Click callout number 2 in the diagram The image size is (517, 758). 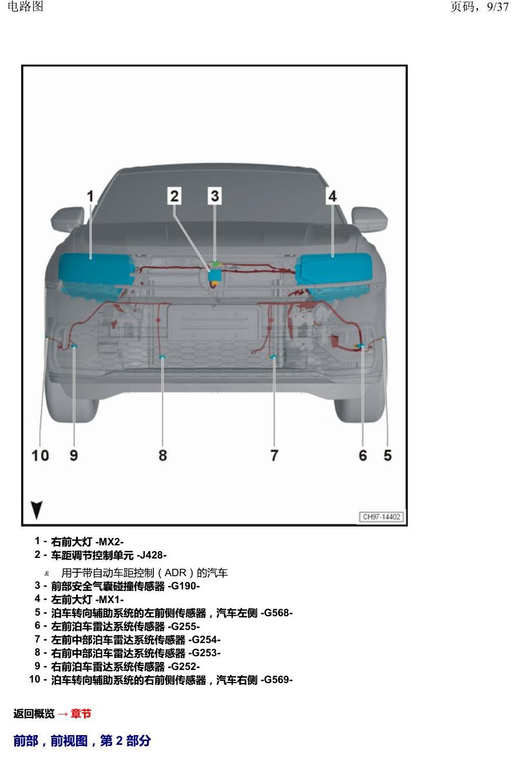point(174,196)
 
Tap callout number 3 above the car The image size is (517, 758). point(214,196)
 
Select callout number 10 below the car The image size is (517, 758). point(40,456)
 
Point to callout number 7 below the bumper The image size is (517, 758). point(274,456)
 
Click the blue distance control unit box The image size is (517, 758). point(214,275)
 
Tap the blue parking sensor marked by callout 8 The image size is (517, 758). point(162,357)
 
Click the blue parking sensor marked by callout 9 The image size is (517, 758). point(73,346)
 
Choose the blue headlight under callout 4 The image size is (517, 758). point(334,274)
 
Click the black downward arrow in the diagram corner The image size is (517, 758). point(37,510)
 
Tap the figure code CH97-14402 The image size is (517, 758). point(381,517)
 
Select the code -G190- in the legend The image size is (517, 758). point(184,586)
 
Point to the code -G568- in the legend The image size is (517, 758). point(277,613)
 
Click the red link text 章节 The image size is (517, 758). point(81,713)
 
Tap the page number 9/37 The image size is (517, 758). point(498,7)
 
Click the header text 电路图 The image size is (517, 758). point(25,6)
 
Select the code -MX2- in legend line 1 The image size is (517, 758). point(109,542)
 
